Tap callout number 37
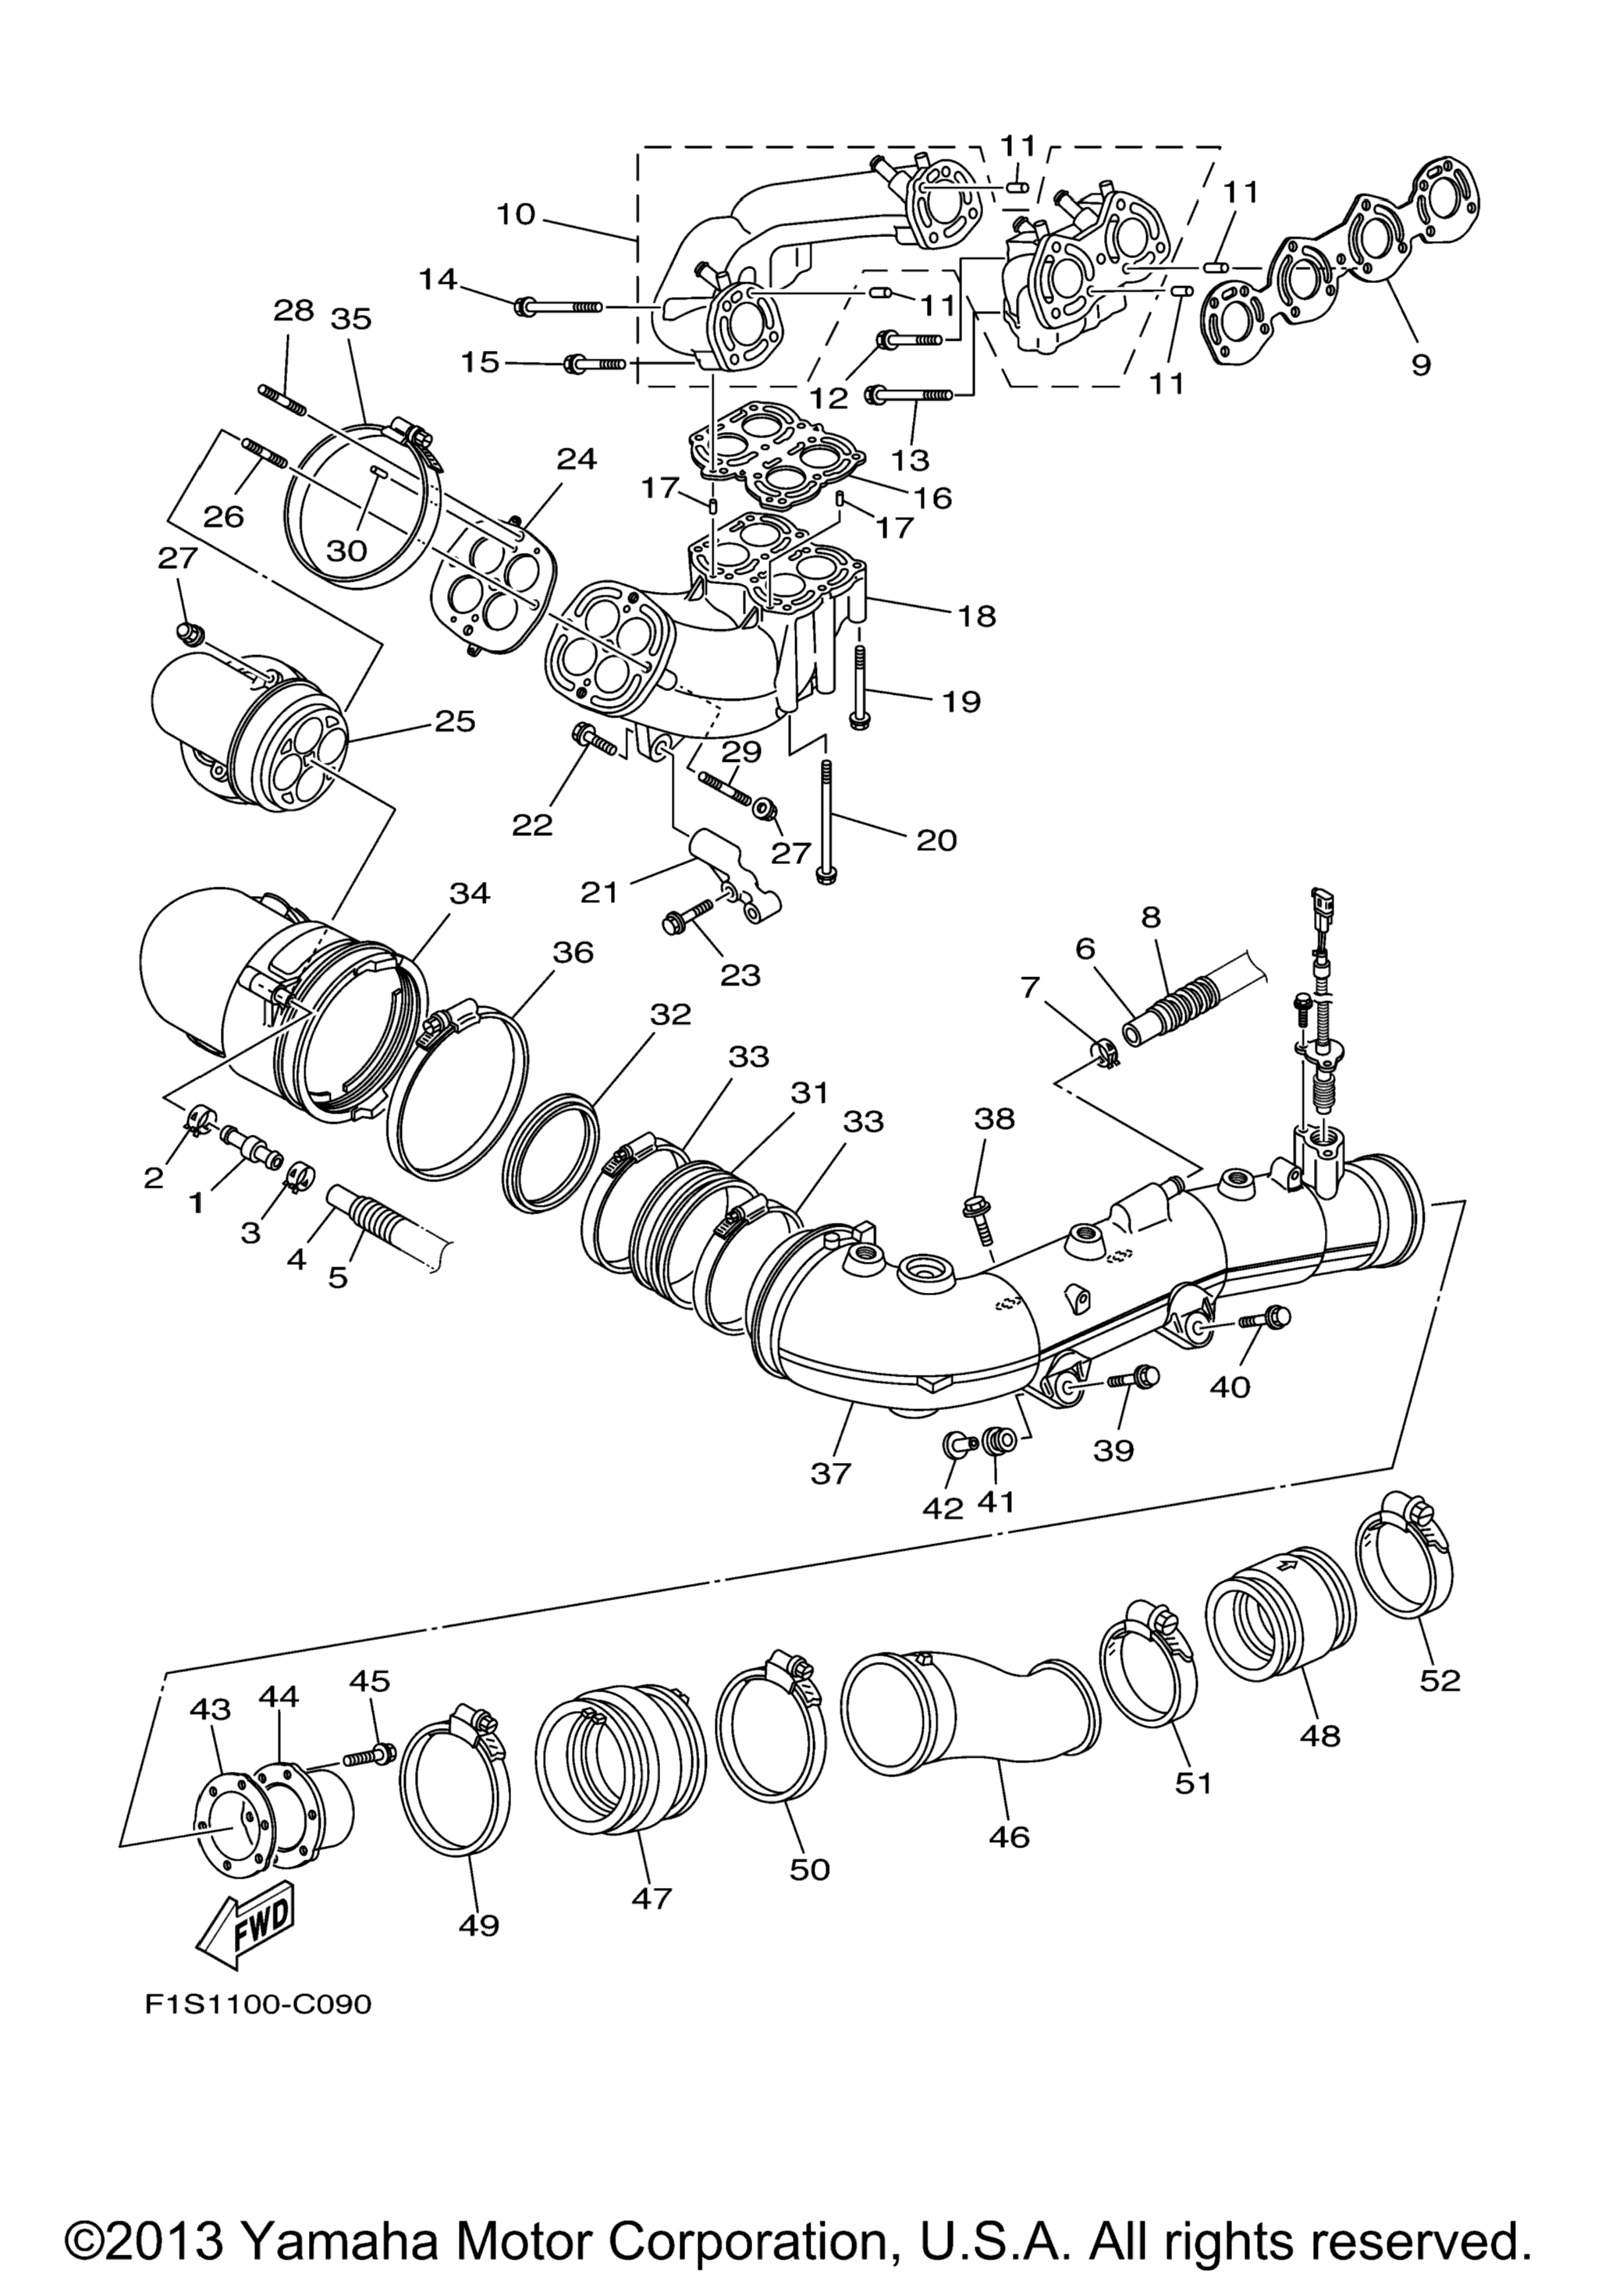pyautogui.click(x=830, y=1473)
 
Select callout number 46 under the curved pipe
pyautogui.click(x=1009, y=1809)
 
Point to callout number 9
pyautogui.click(x=1419, y=364)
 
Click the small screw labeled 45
pyautogui.click(x=371, y=1757)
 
